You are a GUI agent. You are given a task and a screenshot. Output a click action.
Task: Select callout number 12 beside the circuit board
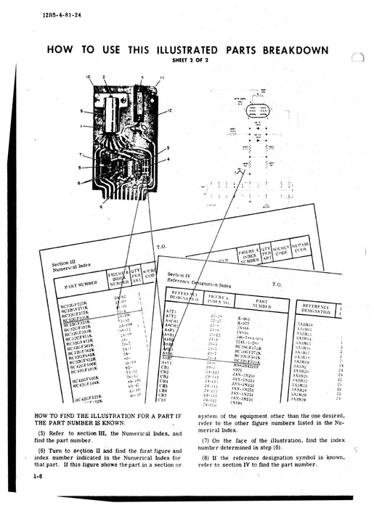[x=168, y=110]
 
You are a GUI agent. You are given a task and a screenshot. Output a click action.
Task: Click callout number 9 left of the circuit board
[x=82, y=112]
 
